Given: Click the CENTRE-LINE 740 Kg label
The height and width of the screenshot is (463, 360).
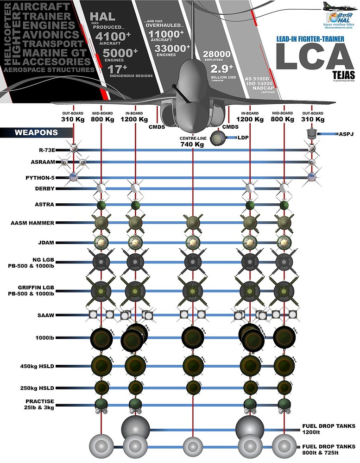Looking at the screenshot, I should (192, 141).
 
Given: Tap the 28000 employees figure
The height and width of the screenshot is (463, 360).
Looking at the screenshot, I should (217, 54).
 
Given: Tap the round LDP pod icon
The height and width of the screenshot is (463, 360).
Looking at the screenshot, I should (217, 138).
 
